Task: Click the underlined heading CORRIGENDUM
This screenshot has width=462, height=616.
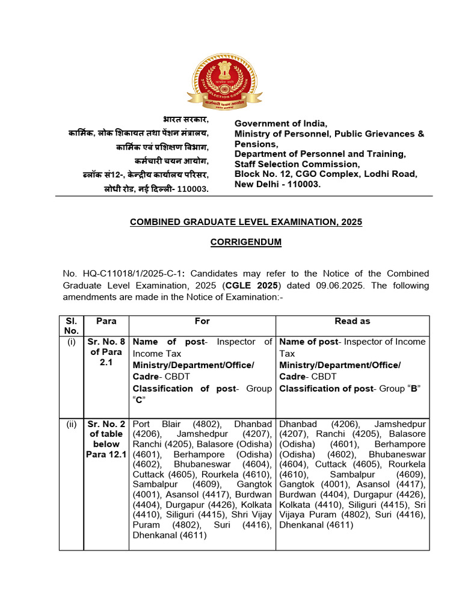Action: click(x=246, y=242)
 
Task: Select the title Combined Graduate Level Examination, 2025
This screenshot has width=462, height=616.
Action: click(x=246, y=222)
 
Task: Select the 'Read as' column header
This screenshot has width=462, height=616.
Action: click(x=352, y=321)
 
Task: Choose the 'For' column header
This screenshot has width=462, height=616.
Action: click(x=202, y=321)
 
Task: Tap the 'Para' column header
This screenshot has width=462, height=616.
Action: click(x=106, y=321)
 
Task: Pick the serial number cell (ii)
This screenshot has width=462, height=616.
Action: click(x=72, y=424)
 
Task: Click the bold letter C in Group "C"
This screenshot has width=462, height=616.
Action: click(x=139, y=400)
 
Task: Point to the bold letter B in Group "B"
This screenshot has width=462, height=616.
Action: click(x=413, y=389)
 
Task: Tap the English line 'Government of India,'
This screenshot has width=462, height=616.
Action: click(x=281, y=123)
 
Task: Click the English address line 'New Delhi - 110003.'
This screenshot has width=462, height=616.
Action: click(x=277, y=184)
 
